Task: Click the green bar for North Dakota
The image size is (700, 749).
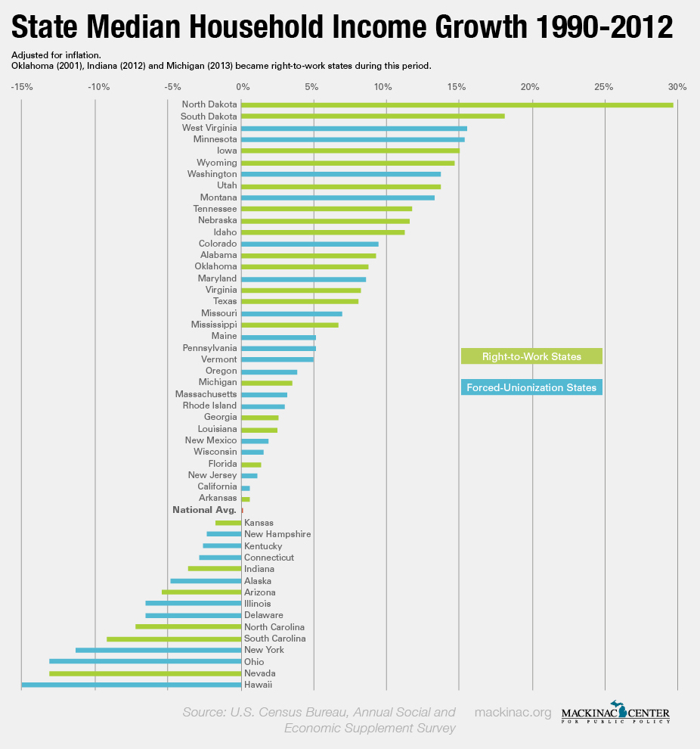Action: tap(457, 105)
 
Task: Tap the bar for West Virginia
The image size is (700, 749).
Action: tap(354, 129)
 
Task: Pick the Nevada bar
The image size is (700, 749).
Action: tap(145, 673)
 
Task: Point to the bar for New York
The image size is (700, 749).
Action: tap(158, 650)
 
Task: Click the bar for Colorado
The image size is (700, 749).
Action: tap(309, 244)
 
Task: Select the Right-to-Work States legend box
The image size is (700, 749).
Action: tap(531, 356)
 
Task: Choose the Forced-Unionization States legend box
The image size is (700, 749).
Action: tap(531, 387)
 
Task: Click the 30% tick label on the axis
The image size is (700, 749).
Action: tap(677, 87)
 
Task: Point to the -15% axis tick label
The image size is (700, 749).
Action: tap(21, 87)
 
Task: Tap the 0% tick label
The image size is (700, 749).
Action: tap(241, 87)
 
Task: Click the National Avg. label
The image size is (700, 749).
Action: tap(204, 510)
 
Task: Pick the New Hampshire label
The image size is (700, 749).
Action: tap(277, 534)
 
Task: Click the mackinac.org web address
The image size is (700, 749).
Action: tap(513, 713)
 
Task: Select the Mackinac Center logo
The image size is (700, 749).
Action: tap(615, 713)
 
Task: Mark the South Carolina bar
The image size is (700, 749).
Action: tap(174, 639)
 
